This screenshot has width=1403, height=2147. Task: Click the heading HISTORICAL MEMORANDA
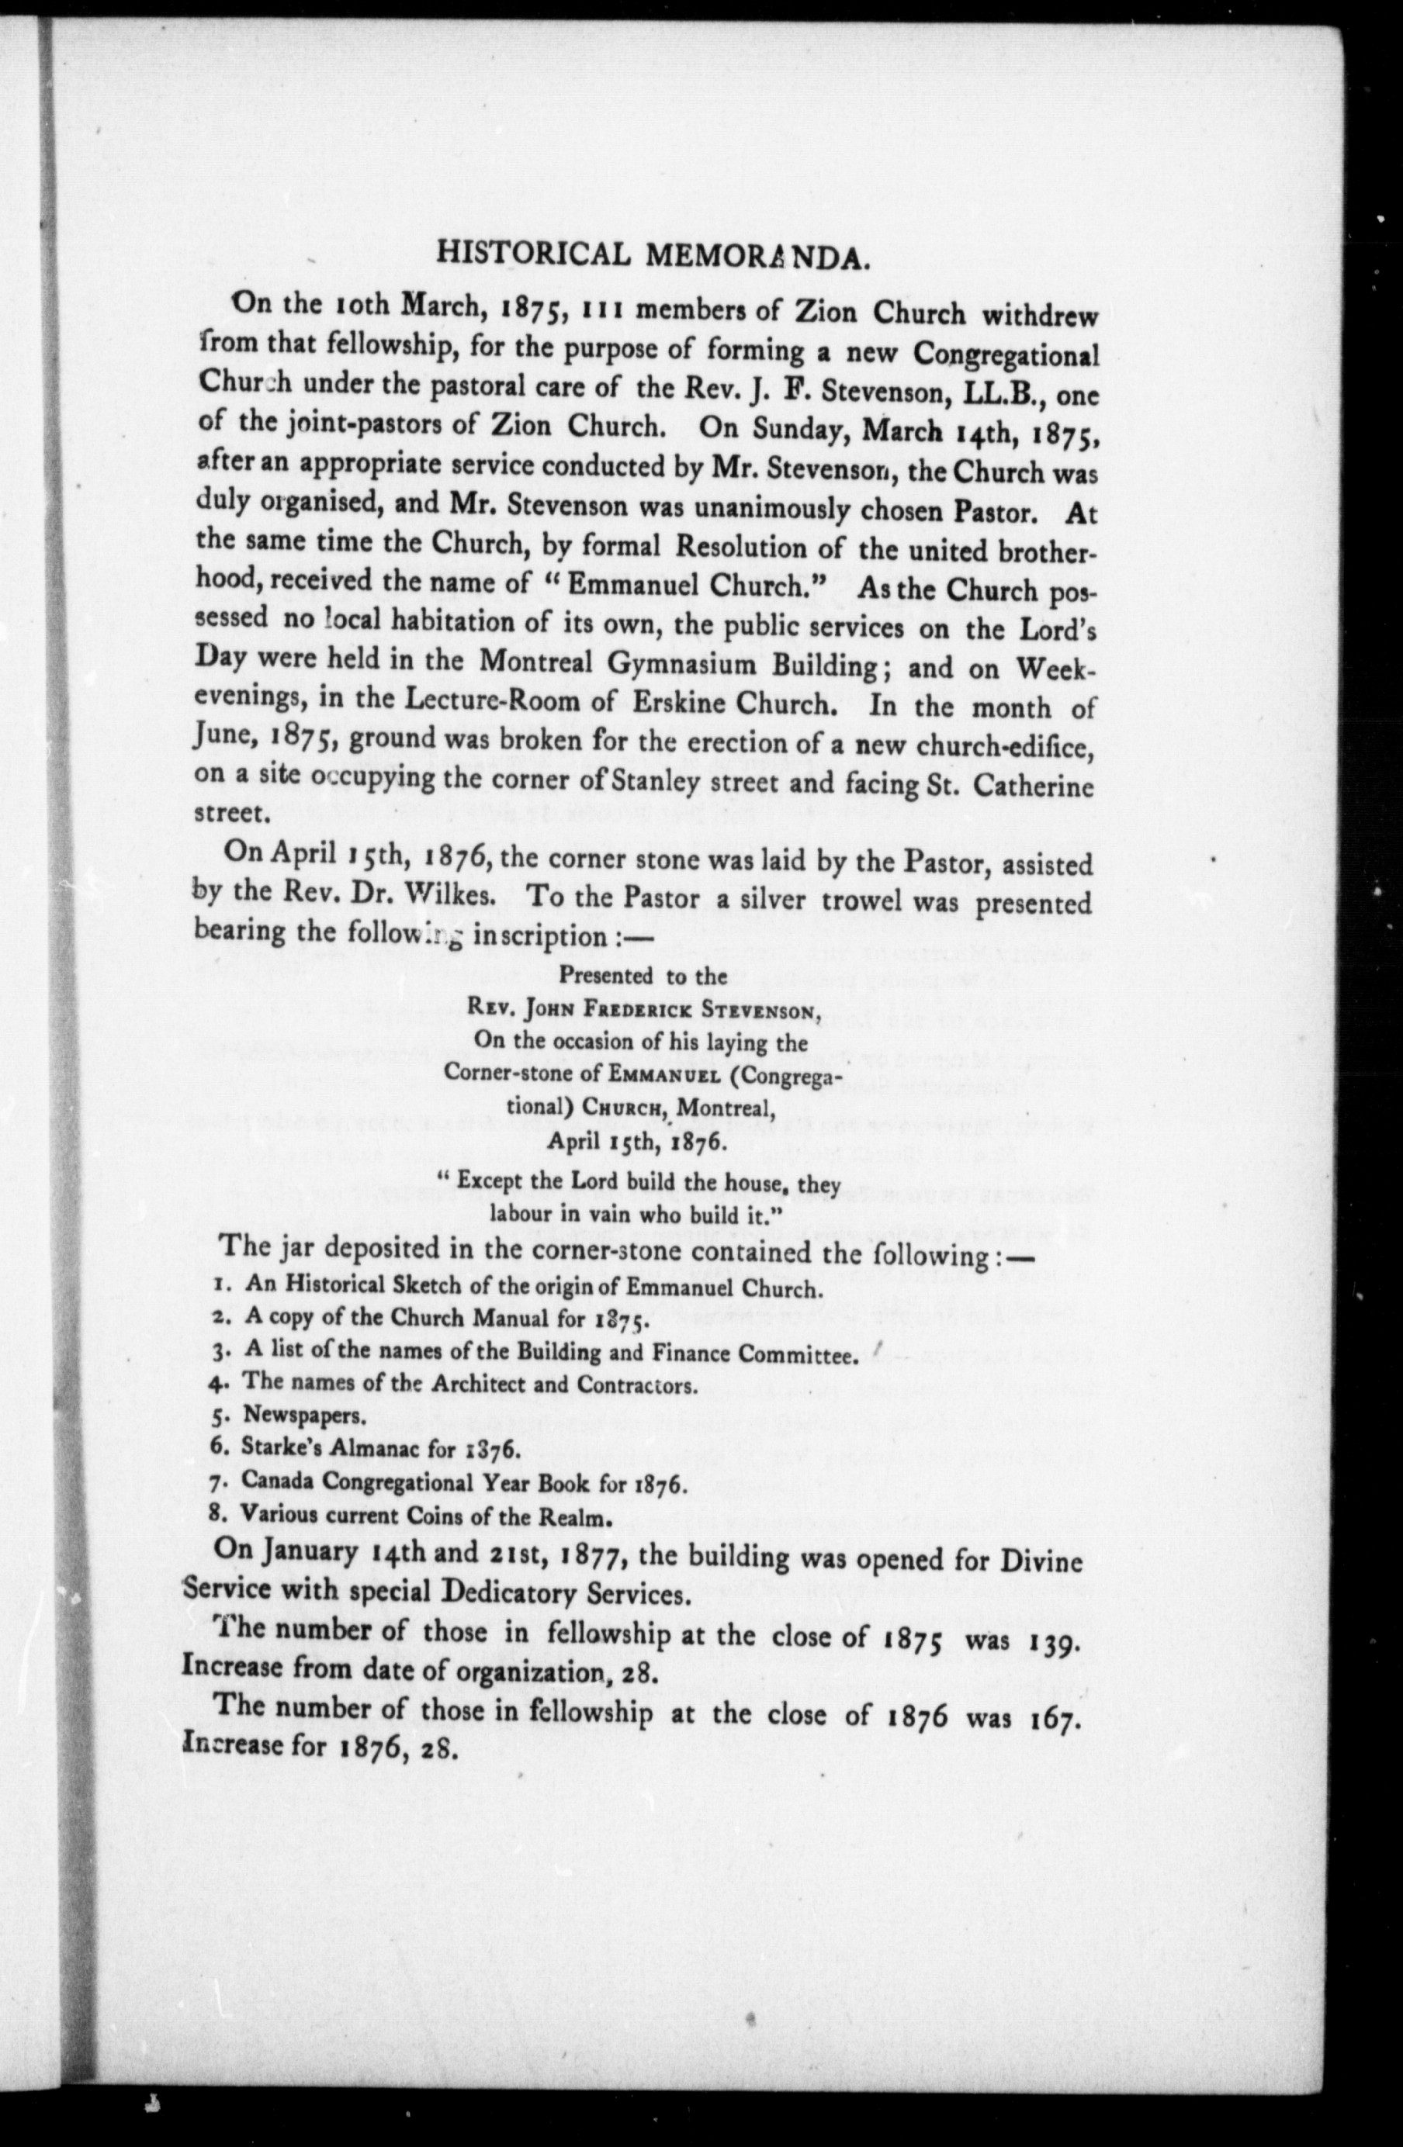(x=653, y=255)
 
